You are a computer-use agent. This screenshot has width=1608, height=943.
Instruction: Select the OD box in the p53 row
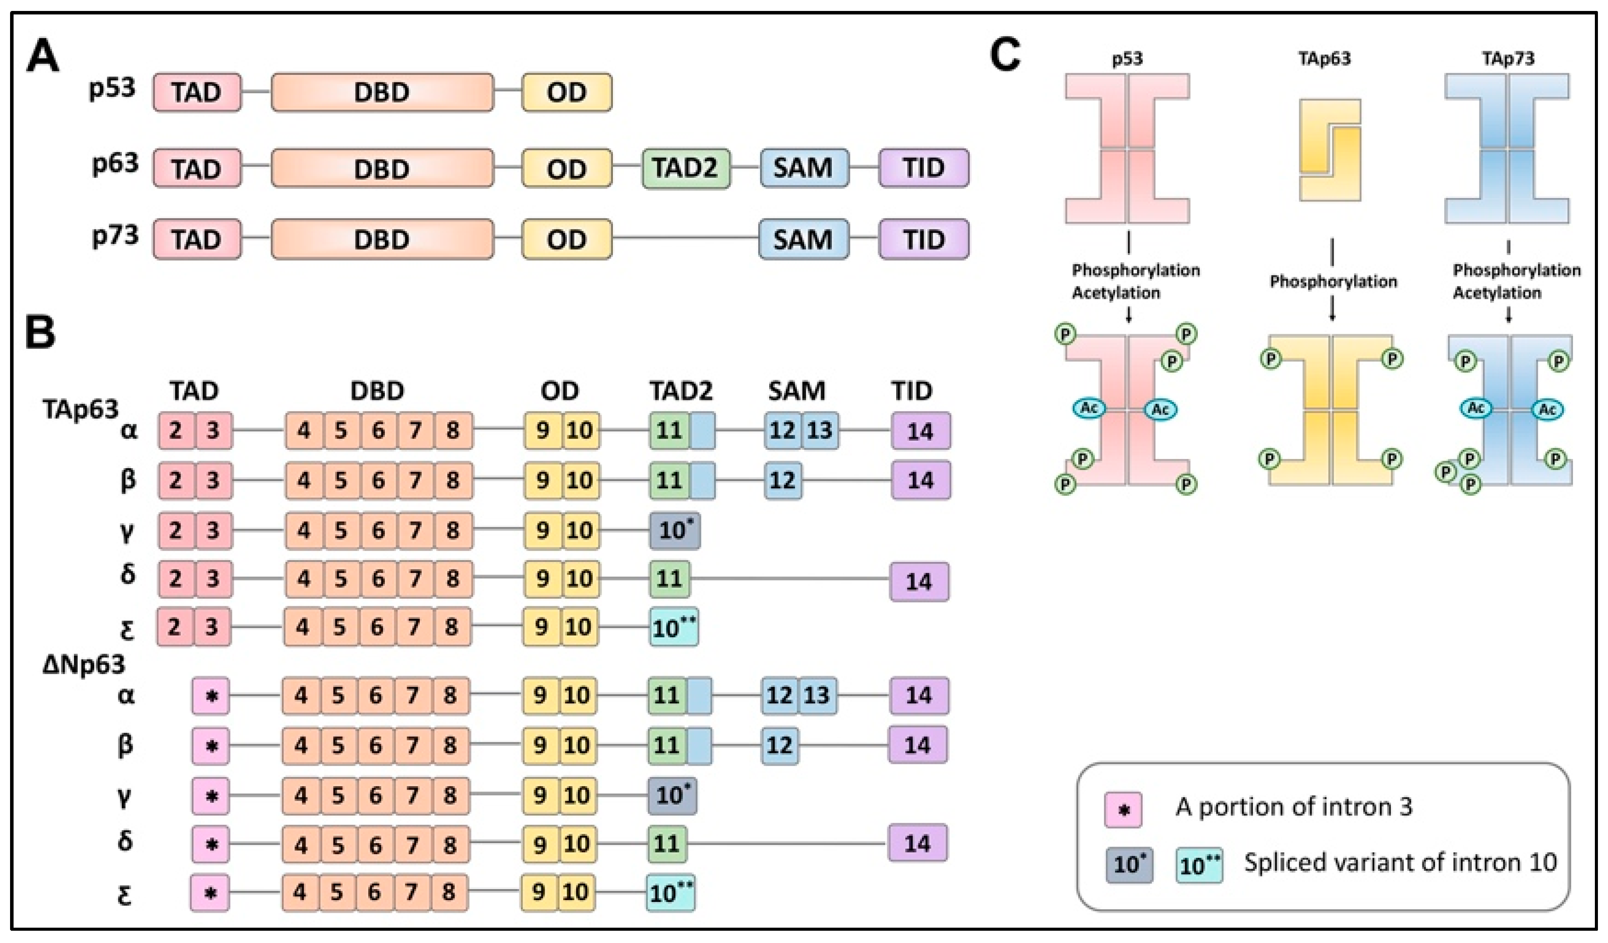(x=566, y=92)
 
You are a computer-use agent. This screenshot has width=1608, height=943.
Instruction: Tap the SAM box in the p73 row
(x=803, y=240)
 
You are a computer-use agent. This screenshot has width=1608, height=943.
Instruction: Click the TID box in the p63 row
(x=923, y=168)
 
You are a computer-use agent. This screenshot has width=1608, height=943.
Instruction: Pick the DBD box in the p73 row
(x=382, y=240)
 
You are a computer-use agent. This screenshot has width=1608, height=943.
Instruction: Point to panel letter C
(x=1005, y=55)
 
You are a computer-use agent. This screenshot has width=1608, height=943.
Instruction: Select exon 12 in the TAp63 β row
(x=783, y=480)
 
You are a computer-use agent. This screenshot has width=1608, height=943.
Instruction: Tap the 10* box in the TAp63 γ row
(x=675, y=530)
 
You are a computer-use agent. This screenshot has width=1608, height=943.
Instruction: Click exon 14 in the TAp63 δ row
(x=919, y=581)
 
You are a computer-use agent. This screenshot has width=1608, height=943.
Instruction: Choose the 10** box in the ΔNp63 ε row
(x=671, y=893)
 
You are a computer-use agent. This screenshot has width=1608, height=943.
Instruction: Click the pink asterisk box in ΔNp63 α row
(x=211, y=695)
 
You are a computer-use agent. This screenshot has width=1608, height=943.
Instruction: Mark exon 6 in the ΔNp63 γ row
(x=375, y=795)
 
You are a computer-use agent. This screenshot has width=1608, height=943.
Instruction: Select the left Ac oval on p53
(x=1089, y=408)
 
